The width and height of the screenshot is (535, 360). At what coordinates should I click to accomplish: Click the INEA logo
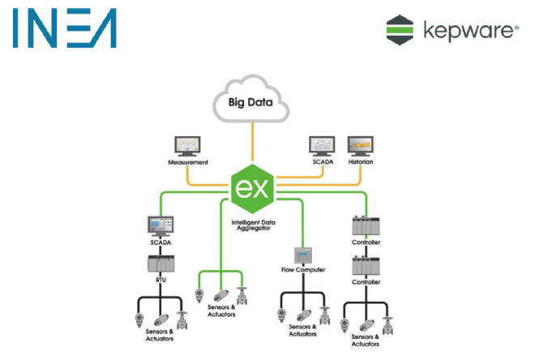(65, 28)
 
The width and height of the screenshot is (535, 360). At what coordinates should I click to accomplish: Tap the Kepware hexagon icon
(400, 30)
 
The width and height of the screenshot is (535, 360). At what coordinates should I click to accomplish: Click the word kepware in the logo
(471, 32)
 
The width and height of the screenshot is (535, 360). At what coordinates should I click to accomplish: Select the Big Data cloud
(251, 99)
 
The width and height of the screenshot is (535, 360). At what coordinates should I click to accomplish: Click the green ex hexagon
(252, 189)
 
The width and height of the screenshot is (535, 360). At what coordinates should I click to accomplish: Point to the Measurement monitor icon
(187, 147)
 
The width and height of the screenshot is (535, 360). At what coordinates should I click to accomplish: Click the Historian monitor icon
(360, 147)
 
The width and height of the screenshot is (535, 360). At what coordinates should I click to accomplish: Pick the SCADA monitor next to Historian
(322, 147)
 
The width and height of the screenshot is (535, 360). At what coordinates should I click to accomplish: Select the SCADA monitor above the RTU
(160, 226)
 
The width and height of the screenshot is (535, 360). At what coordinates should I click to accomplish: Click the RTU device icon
(161, 264)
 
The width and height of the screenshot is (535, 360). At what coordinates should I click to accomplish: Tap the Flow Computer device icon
(303, 255)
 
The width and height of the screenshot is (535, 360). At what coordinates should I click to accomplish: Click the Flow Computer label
(303, 270)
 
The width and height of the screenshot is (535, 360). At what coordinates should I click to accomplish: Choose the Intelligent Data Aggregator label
(253, 225)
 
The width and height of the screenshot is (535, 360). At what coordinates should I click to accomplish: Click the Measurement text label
(188, 162)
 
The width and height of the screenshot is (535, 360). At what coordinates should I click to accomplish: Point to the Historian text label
(361, 161)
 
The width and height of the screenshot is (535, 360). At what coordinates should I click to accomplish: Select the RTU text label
(160, 280)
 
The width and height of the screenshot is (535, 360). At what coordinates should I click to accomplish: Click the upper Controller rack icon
(366, 225)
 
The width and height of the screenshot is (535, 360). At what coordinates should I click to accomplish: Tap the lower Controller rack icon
(366, 266)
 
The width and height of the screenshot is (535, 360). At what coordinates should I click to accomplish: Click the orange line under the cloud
(252, 142)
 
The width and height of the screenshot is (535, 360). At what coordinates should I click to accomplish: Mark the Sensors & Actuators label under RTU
(160, 335)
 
